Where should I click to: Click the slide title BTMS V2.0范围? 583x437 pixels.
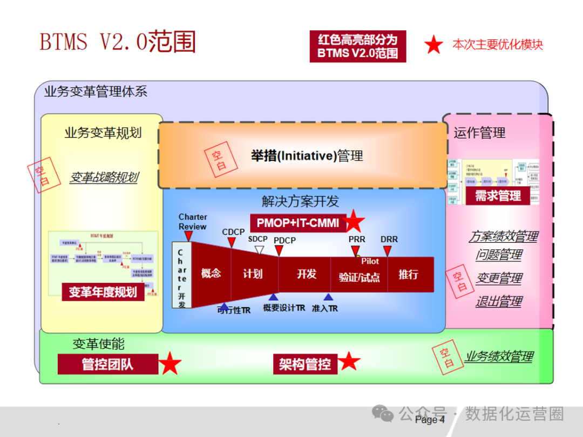tap(118, 42)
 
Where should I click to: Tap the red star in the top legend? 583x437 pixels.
tap(433, 45)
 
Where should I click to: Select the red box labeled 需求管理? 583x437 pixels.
tap(498, 196)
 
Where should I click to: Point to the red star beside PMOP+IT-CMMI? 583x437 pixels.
tap(355, 221)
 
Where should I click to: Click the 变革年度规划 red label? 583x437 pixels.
tap(103, 292)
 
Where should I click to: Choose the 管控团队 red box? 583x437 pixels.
tap(107, 364)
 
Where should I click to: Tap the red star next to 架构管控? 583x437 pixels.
tap(349, 361)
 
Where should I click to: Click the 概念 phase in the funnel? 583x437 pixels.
tap(211, 274)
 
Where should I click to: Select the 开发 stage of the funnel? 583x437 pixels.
tap(306, 274)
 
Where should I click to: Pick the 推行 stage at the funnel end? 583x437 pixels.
tap(408, 274)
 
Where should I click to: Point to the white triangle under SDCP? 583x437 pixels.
tap(259, 249)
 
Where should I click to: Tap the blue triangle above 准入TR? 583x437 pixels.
tap(328, 297)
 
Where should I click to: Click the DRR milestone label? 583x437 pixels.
tap(389, 239)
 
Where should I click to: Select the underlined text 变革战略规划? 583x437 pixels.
tap(103, 177)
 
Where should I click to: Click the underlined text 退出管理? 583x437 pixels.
tap(498, 302)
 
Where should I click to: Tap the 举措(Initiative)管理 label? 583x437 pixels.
tap(307, 156)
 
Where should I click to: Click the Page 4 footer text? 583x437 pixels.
tap(430, 420)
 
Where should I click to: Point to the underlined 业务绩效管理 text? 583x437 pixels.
tap(499, 356)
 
